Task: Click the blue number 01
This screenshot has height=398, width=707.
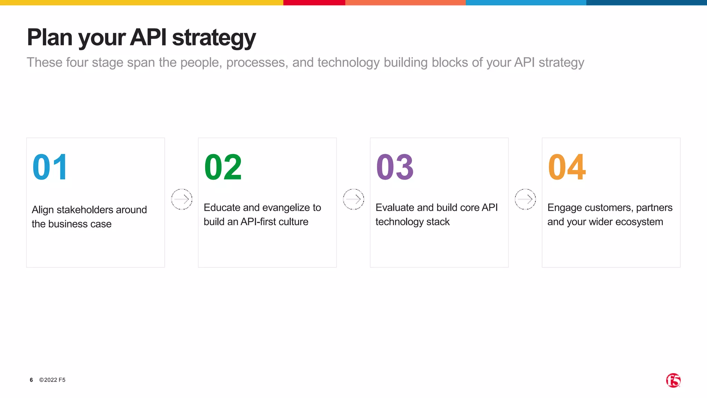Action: point(50,167)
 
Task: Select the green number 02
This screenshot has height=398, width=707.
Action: point(223,167)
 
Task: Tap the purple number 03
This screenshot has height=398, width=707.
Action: point(395,167)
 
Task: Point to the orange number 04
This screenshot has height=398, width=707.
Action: point(567,167)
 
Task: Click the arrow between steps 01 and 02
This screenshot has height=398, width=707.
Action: point(182,199)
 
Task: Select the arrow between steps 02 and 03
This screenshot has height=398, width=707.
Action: point(353,199)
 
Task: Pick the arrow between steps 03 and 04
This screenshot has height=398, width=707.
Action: point(525,199)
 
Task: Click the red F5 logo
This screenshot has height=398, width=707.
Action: point(673,380)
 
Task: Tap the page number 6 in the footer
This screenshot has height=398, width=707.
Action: point(31,380)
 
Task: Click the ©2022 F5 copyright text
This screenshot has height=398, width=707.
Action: point(52,380)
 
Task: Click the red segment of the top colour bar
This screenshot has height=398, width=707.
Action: point(314,2)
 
